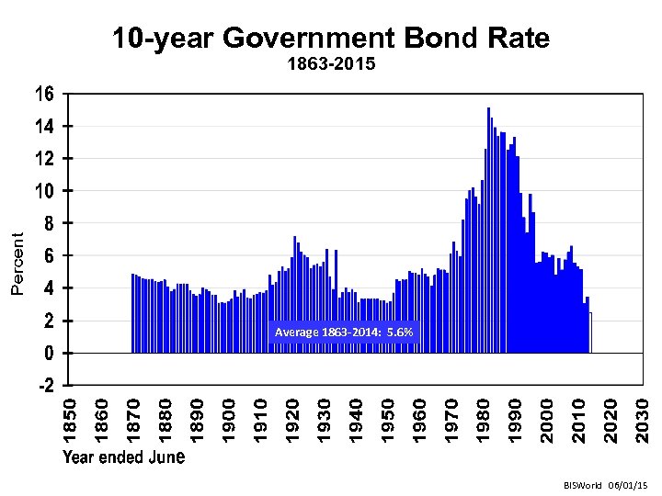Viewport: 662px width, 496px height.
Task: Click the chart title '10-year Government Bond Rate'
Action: (331, 39)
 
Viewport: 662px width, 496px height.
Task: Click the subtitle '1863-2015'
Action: (331, 65)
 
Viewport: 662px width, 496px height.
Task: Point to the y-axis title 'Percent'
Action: (17, 263)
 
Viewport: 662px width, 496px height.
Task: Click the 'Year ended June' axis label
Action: (124, 457)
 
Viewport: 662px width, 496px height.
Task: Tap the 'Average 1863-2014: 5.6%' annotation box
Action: (344, 332)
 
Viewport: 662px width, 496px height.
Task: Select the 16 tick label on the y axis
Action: (45, 94)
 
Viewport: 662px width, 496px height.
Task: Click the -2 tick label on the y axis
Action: (45, 386)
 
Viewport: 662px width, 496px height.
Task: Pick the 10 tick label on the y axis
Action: (45, 191)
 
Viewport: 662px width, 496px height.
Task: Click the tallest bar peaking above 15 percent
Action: (488, 230)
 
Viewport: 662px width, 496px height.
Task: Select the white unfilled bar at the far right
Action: (590, 333)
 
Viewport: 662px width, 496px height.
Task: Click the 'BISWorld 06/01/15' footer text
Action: (608, 483)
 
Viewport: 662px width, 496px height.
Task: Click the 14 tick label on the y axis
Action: (45, 126)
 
